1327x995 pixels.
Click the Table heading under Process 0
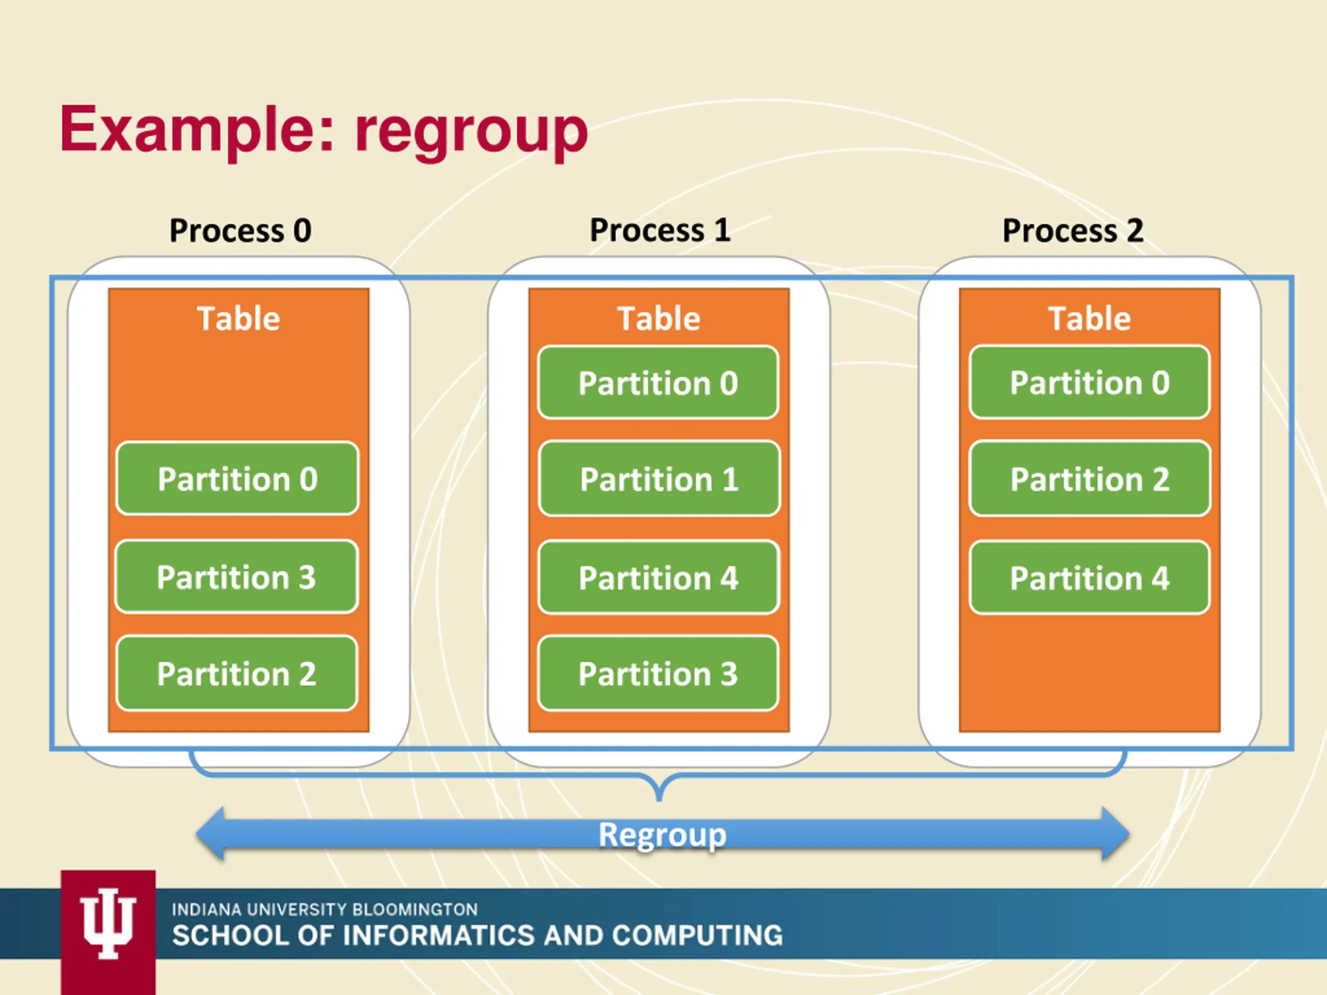[x=239, y=319]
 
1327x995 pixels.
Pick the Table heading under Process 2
[x=1090, y=319]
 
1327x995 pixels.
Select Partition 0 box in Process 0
[x=237, y=479]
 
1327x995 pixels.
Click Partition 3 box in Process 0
[x=236, y=577]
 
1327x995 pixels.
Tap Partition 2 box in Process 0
[x=237, y=674]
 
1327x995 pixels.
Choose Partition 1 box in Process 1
[x=659, y=479]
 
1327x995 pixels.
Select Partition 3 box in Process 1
[x=658, y=674]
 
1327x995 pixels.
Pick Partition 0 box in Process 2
[x=1090, y=382]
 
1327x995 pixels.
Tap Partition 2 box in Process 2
[x=1090, y=479]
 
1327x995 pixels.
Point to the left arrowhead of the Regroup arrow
[x=210, y=834]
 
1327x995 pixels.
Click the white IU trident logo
[x=108, y=923]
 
